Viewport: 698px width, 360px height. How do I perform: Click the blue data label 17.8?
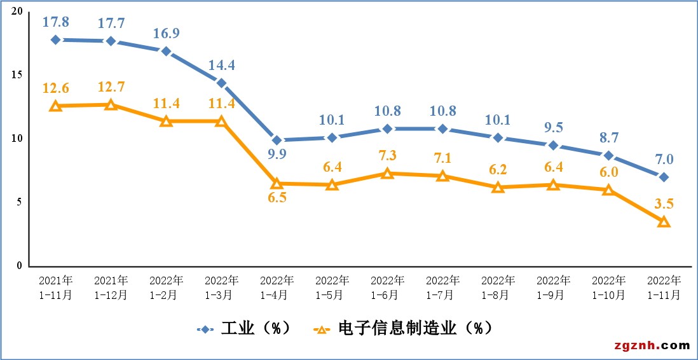click(x=55, y=22)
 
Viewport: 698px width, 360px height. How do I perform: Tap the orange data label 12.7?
click(x=111, y=87)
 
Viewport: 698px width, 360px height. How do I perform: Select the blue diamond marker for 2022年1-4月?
click(x=277, y=141)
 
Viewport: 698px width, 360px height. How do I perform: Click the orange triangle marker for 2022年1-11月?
click(x=664, y=221)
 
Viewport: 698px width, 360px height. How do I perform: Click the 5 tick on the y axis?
click(x=20, y=202)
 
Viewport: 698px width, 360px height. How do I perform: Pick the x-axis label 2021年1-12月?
click(x=111, y=287)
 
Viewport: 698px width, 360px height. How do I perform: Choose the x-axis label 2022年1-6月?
click(x=387, y=287)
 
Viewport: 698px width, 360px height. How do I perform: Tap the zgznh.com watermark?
click(x=652, y=345)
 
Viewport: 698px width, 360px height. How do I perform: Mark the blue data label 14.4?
click(x=222, y=66)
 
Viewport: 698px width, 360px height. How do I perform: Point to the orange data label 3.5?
click(x=663, y=204)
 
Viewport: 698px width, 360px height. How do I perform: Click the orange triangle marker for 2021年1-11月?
click(x=56, y=106)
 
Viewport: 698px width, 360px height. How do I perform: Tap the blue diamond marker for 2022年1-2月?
click(x=166, y=52)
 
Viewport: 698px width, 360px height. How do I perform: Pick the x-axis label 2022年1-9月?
click(x=553, y=287)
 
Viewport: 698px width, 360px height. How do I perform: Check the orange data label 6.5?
click(x=277, y=197)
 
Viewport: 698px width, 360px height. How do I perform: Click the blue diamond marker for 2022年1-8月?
click(x=498, y=138)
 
